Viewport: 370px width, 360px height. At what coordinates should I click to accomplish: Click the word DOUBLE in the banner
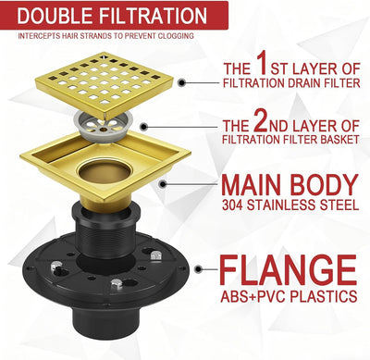(x=55, y=16)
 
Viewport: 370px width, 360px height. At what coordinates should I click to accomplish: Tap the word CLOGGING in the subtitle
(x=176, y=36)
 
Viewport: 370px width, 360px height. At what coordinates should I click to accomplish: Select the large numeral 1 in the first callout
(x=262, y=63)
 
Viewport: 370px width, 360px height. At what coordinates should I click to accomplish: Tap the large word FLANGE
(x=288, y=270)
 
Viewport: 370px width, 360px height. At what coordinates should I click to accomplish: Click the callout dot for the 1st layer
(x=182, y=82)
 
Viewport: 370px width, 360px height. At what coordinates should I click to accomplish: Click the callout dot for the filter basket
(x=143, y=127)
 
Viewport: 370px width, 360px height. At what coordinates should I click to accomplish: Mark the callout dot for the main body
(x=163, y=184)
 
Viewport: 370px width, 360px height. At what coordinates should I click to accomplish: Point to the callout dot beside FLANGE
(x=199, y=269)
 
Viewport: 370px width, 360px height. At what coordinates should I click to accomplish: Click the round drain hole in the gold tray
(x=104, y=170)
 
